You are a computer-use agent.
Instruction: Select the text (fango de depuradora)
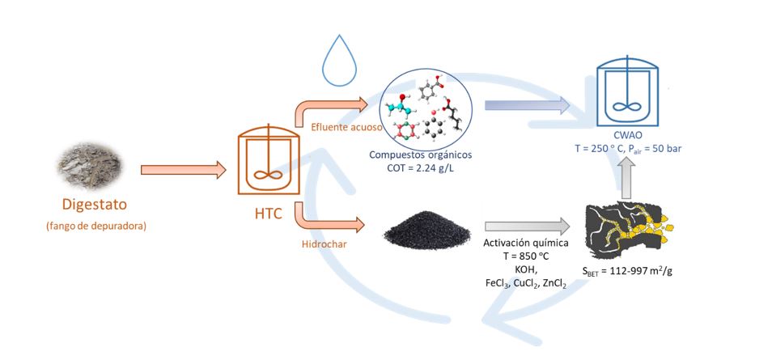point(95,226)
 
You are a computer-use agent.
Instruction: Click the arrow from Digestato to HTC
point(183,170)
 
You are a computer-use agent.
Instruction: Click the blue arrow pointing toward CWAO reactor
point(526,104)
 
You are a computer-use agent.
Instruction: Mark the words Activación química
point(524,243)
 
